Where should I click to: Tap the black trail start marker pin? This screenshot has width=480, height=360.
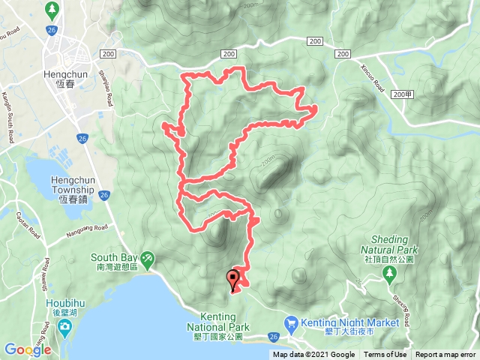(233, 280)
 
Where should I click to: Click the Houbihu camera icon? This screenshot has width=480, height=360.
(65, 326)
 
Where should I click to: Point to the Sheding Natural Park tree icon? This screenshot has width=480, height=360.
(388, 275)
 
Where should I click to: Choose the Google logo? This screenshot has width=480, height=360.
(28, 349)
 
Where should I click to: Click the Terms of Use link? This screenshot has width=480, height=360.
(385, 355)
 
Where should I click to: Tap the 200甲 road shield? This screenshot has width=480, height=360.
(402, 94)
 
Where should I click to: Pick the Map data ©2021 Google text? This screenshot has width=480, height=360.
(313, 355)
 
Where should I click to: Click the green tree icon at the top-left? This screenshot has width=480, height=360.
(52, 10)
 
